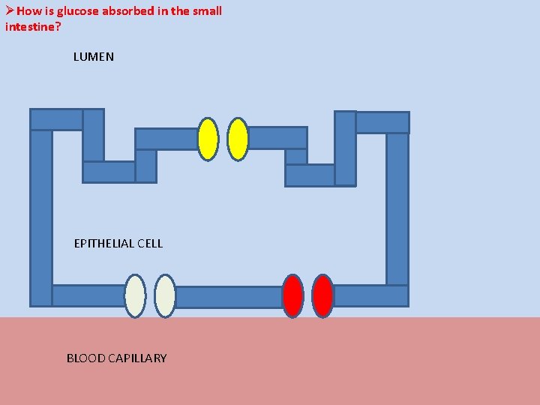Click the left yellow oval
[x=208, y=139]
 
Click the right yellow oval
[x=238, y=139]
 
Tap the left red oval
[x=292, y=296]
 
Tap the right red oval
[x=322, y=296]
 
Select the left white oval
[x=135, y=296]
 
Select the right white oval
[x=165, y=296]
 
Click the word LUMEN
[x=94, y=57]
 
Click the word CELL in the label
[x=149, y=243]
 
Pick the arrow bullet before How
[x=9, y=11]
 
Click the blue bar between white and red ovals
[x=229, y=297]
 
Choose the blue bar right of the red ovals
[x=370, y=296]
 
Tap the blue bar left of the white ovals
[x=88, y=296]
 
